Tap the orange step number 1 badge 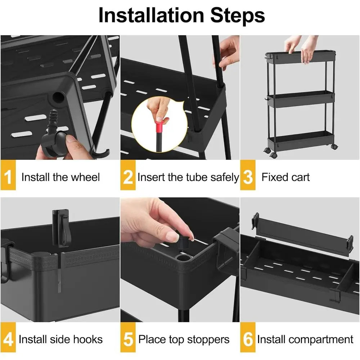[x=8, y=177]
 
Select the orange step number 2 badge [x=128, y=177]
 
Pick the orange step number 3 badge [x=248, y=177]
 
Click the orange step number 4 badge [x=8, y=339]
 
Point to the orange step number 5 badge [x=128, y=339]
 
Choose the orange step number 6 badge [x=248, y=339]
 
